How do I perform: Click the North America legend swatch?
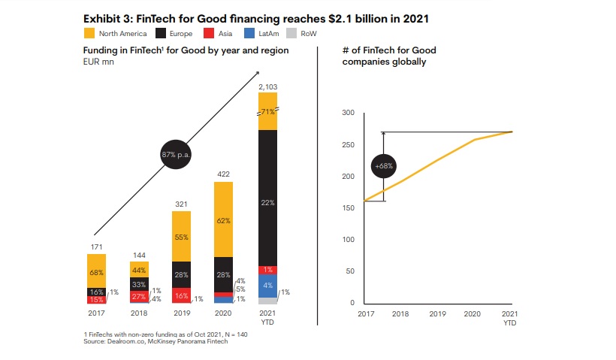tap(89, 33)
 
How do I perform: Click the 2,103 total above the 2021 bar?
tap(267, 87)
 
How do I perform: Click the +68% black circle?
tap(383, 165)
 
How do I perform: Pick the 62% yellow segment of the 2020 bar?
tap(224, 222)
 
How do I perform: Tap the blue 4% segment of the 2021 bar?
tap(267, 286)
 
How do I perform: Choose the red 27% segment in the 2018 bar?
tap(138, 297)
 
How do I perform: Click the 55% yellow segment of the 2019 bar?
tap(181, 236)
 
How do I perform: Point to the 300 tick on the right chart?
tap(347, 113)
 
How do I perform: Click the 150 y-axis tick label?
tap(347, 208)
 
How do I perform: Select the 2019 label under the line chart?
tap(437, 314)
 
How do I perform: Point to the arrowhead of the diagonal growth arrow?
tap(257, 73)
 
